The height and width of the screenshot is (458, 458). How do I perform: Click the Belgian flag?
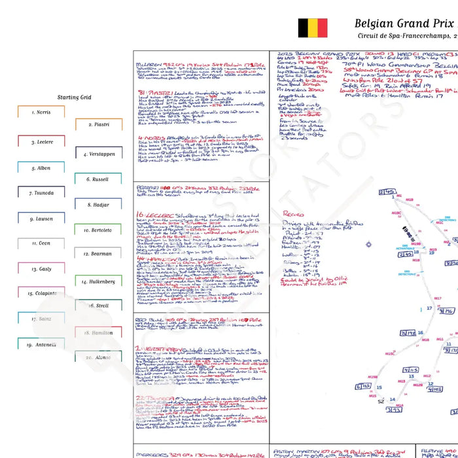coord(313,28)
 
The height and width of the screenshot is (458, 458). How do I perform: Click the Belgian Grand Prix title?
coord(406,24)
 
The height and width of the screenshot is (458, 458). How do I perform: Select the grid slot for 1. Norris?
coord(41,113)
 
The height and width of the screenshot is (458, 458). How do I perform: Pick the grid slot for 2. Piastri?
coord(99,124)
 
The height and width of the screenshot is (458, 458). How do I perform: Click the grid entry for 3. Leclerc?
coord(41,142)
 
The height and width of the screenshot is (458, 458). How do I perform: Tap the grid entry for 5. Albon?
coord(41,168)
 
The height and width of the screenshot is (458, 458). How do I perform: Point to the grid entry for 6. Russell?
coord(99,179)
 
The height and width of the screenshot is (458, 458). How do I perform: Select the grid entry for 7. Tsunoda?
coord(41,193)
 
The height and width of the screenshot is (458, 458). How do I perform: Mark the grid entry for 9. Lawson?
coord(41,219)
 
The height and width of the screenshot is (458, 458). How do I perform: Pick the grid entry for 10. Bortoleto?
coord(99,230)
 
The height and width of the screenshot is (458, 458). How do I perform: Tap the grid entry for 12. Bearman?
coord(99,254)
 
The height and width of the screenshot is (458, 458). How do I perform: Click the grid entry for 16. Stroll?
coord(99,306)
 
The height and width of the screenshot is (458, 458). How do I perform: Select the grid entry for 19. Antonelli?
coord(41,345)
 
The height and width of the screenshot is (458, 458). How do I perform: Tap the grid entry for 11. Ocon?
coord(41,243)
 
